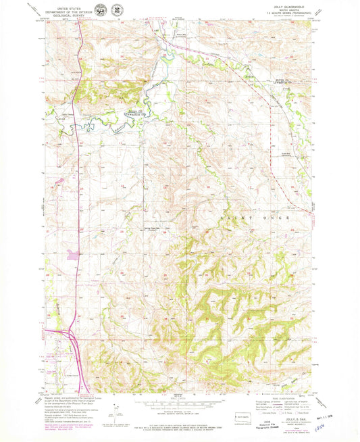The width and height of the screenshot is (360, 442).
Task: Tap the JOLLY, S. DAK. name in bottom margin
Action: pyautogui.click(x=290, y=420)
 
